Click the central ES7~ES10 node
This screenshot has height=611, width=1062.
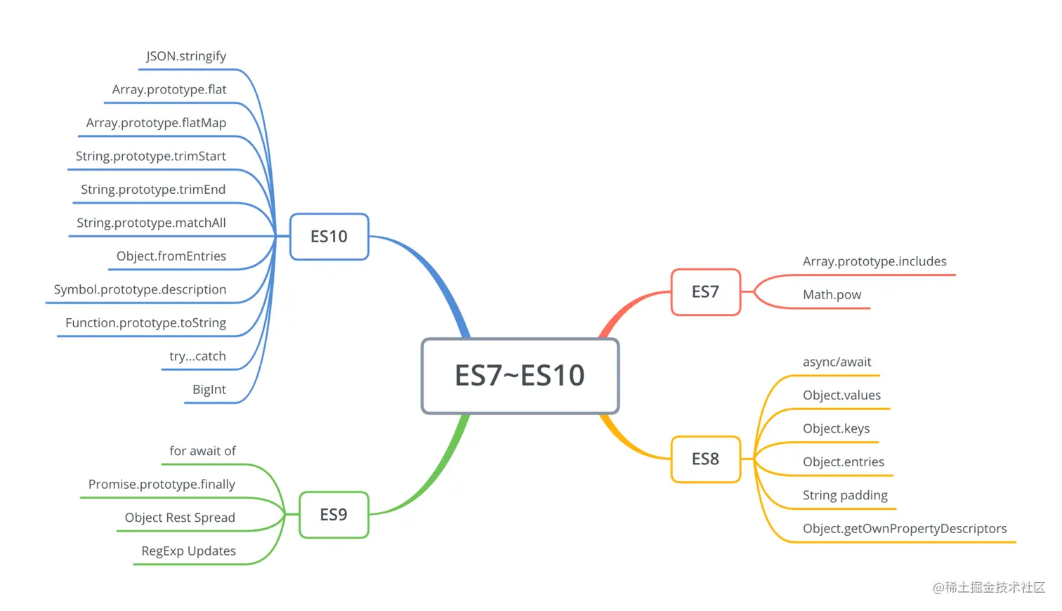[x=520, y=376]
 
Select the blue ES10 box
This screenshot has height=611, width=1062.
[x=329, y=237]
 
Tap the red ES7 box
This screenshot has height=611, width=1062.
[x=705, y=292]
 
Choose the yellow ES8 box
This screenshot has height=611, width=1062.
[x=705, y=459]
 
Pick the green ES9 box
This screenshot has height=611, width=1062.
[x=334, y=515]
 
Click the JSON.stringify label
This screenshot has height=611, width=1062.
[x=186, y=56]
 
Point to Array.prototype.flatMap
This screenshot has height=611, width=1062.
[x=156, y=123]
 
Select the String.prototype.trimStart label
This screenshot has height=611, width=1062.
[x=151, y=156]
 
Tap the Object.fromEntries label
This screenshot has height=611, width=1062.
[x=171, y=256]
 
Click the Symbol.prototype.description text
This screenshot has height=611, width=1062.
[x=140, y=289]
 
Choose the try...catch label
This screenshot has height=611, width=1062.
[x=197, y=356]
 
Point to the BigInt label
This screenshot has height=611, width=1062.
[x=209, y=390]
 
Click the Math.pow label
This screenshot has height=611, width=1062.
[x=832, y=295]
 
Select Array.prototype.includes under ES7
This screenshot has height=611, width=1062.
[x=874, y=261]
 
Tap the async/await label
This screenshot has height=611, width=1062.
[x=837, y=362]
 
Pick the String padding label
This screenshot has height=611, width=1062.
[x=845, y=495]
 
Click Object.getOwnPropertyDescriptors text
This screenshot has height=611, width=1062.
[x=905, y=529]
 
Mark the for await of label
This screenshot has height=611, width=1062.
[x=202, y=451]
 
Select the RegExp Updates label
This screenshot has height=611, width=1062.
[x=188, y=551]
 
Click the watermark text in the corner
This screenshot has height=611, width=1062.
[x=988, y=588]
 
